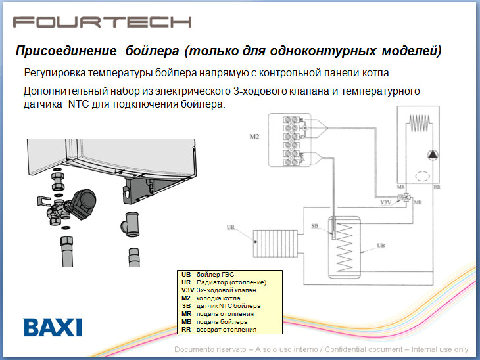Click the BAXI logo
pos(53,327)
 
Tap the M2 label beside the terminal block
pos(254,138)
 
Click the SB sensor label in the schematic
pos(316,225)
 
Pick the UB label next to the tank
pos(380,245)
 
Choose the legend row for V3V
pos(228,290)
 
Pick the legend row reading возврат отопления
pos(228,330)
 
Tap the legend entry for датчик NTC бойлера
pos(228,306)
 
